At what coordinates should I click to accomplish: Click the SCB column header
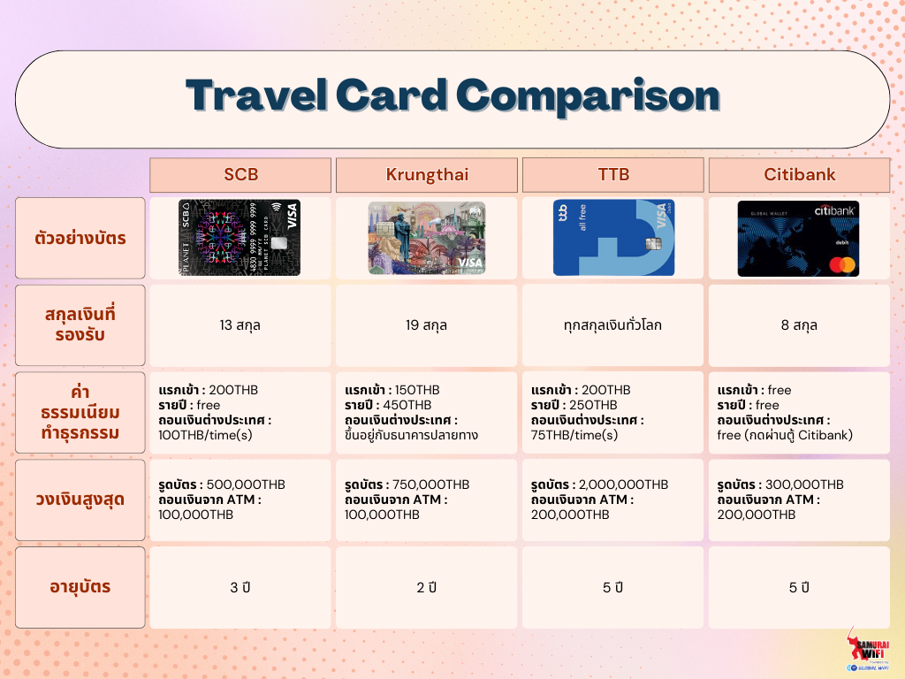(240, 174)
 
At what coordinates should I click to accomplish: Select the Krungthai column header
(427, 174)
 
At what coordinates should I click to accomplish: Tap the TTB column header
(613, 174)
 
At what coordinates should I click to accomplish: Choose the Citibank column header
(799, 174)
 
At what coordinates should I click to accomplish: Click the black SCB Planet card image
(240, 238)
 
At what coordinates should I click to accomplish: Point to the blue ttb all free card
(613, 238)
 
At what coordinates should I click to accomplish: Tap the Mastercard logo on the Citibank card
(842, 265)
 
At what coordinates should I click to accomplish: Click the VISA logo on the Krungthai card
(469, 263)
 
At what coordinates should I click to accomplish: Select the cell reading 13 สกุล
(240, 325)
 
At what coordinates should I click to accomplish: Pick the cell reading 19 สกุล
(427, 325)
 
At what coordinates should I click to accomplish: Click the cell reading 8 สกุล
(799, 325)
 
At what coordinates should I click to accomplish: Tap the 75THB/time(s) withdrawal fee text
(574, 435)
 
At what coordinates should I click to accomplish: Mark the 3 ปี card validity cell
(240, 587)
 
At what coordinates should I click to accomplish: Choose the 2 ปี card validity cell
(427, 587)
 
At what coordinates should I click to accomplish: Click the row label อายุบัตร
(80, 587)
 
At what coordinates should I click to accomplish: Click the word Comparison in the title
(588, 95)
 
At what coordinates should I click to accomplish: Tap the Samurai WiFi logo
(868, 650)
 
